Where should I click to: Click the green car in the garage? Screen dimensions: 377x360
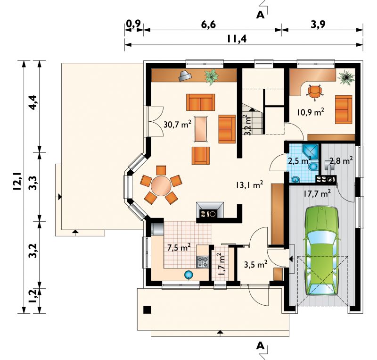(x=322, y=251)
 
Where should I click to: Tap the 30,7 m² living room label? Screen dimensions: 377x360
(x=178, y=124)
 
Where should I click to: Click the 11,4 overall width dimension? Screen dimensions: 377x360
(x=237, y=39)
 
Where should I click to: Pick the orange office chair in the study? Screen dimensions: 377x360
(x=314, y=92)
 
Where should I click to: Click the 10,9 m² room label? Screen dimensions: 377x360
(x=311, y=112)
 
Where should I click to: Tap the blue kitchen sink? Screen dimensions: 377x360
(x=189, y=275)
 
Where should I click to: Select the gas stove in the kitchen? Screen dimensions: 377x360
(x=203, y=262)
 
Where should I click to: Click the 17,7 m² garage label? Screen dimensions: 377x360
(x=317, y=193)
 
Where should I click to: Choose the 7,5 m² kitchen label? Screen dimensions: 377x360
(x=179, y=247)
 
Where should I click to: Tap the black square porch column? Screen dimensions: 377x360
(x=147, y=310)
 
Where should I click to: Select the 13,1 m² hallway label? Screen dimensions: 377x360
(x=250, y=185)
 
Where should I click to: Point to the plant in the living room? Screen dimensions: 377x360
(x=211, y=77)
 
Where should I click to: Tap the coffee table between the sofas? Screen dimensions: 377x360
(x=201, y=129)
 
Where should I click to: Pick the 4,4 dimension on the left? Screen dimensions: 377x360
(x=33, y=102)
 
